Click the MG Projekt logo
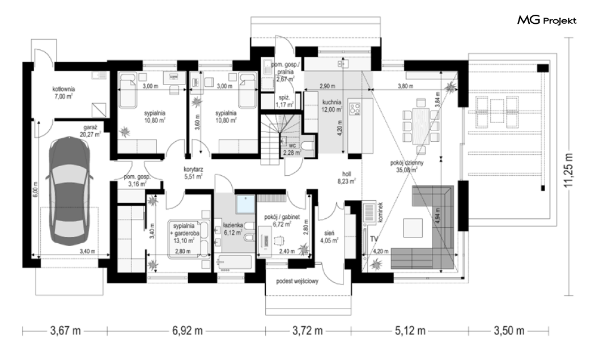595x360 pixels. [x=547, y=20]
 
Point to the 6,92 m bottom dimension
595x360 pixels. [x=187, y=331]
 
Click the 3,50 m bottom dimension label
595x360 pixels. [x=509, y=331]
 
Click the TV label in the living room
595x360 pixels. [x=374, y=239]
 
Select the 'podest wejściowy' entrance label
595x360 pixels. [x=297, y=281]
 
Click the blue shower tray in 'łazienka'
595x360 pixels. [x=245, y=204]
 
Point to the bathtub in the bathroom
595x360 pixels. [x=234, y=263]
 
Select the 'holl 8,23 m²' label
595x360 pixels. [x=346, y=177]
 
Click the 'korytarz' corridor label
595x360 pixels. [x=193, y=170]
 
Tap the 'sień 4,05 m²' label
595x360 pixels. [x=329, y=236]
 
